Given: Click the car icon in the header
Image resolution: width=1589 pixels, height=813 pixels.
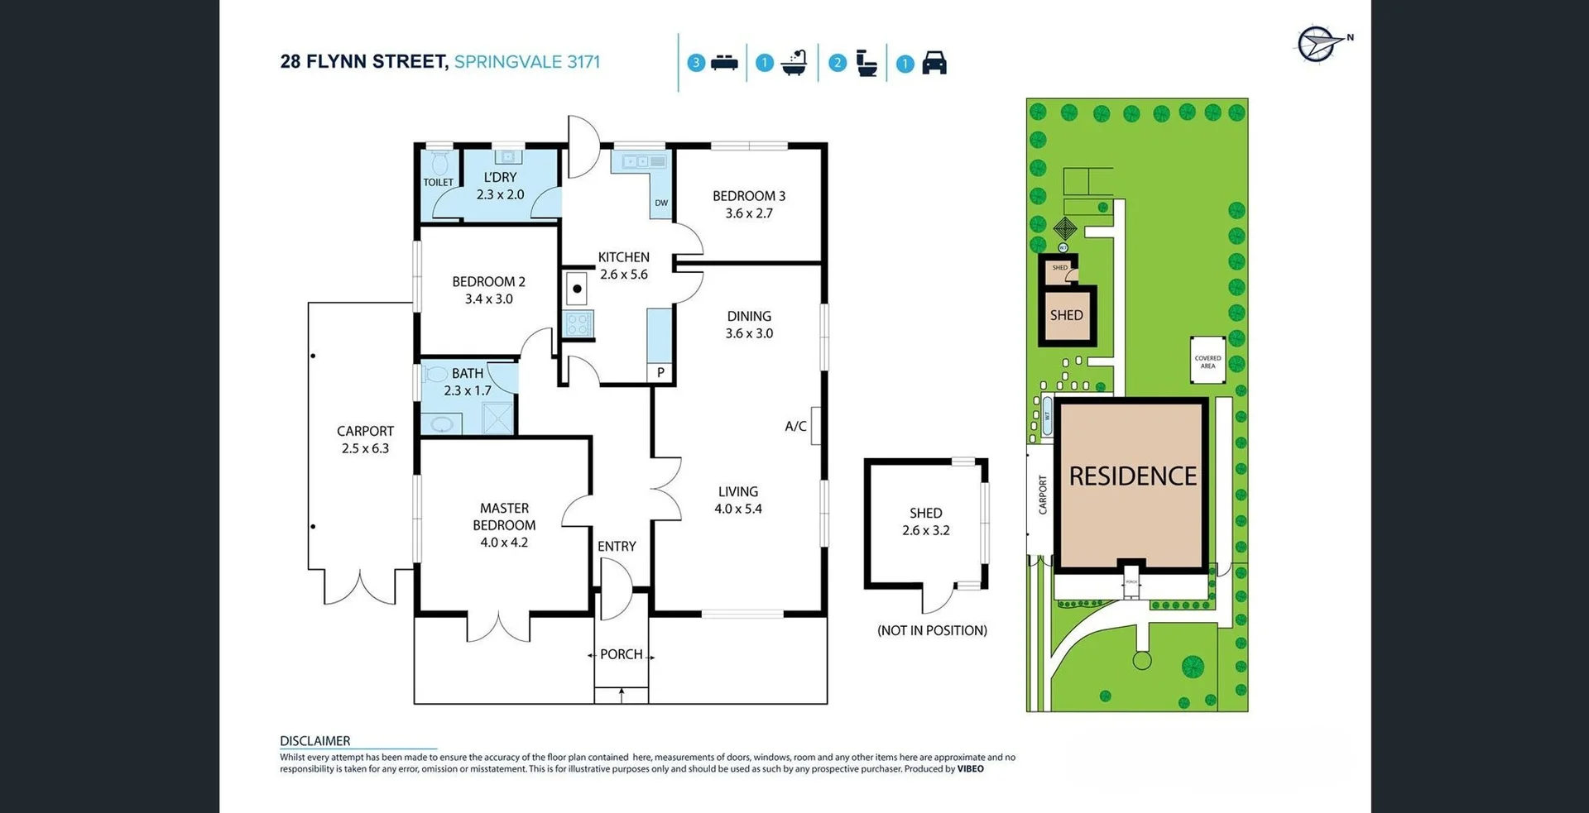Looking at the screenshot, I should click(x=934, y=63).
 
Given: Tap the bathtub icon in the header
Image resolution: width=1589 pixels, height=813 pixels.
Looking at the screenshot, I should click(x=794, y=63).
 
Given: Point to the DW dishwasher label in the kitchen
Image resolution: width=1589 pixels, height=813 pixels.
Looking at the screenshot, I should click(x=661, y=203).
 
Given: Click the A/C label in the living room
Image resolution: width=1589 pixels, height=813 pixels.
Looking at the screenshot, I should click(x=795, y=426).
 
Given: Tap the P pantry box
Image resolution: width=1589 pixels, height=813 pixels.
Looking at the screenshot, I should click(x=660, y=373).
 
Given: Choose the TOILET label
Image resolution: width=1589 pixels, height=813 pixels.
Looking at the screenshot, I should click(x=439, y=182).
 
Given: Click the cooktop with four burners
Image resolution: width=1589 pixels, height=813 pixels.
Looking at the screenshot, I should click(x=578, y=324).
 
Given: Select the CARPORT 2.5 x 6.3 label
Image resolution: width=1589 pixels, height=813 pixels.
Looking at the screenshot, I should click(x=365, y=439).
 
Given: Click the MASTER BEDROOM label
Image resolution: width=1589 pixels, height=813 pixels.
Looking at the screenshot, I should click(x=504, y=517).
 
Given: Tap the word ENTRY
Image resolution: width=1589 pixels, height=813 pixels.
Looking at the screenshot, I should click(x=617, y=546).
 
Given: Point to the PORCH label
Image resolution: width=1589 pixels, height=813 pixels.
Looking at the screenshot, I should click(x=622, y=654).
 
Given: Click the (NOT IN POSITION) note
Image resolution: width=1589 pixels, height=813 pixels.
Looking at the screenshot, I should click(x=932, y=630).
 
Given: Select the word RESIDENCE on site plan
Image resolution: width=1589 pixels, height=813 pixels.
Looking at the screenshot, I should click(x=1132, y=476).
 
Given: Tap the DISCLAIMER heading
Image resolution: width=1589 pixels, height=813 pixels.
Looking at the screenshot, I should click(x=315, y=741).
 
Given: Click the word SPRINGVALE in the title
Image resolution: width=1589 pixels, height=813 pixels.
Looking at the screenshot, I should click(x=507, y=62).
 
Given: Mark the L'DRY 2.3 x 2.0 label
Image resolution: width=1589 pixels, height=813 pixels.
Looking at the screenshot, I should click(x=500, y=186).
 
